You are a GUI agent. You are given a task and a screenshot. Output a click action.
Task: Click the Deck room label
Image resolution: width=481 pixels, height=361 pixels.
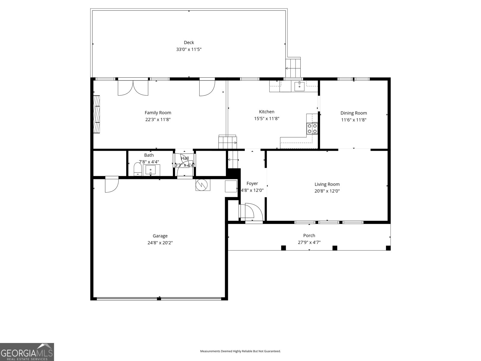click(189, 42)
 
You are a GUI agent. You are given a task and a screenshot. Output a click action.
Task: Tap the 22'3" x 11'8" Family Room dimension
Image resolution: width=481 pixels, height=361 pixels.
click(158, 119)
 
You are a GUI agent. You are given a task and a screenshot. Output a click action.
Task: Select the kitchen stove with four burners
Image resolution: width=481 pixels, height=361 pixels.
click(312, 128)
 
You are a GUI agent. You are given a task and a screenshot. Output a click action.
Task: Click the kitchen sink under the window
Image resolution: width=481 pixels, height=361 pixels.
click(299, 86)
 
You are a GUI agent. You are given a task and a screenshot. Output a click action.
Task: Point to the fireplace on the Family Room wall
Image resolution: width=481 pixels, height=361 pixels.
click(97, 114)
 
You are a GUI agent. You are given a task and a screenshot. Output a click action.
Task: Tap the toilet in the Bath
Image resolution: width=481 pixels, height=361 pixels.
click(138, 169)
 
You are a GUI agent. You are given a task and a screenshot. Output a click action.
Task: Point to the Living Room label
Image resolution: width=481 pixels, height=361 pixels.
click(327, 184)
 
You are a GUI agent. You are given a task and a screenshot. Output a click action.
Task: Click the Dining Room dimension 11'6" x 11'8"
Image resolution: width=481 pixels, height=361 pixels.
click(354, 120)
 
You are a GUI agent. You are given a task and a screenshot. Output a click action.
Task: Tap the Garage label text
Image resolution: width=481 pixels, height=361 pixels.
click(160, 236)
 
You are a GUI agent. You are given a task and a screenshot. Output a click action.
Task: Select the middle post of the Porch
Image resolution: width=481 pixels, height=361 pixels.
click(335, 248)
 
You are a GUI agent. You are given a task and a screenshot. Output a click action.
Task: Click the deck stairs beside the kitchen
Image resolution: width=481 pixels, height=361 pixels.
click(293, 68)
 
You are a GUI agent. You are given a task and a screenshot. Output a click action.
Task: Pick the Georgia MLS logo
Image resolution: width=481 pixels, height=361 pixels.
click(27, 352)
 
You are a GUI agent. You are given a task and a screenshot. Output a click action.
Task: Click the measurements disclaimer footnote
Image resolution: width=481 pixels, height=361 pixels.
click(240, 351)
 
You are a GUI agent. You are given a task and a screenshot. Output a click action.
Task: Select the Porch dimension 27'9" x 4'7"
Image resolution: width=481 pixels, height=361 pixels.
click(309, 242)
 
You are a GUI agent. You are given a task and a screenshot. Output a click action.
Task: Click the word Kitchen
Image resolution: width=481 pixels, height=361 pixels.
click(267, 112)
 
